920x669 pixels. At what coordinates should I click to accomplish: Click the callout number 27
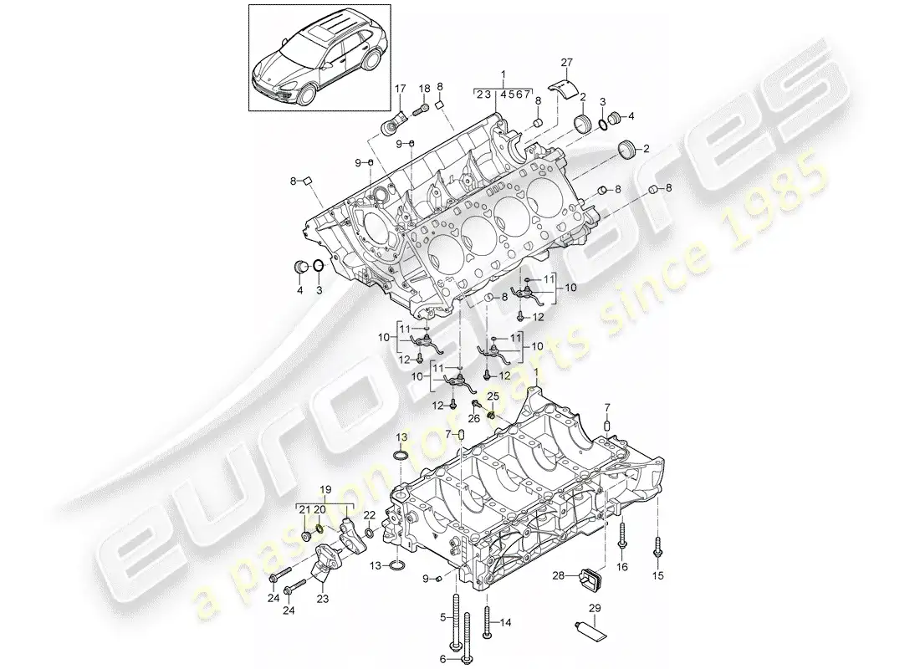point(566,62)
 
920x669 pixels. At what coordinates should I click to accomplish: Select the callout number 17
point(400,88)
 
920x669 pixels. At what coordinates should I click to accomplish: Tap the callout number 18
point(424,88)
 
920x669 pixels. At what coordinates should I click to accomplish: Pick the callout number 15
point(657,576)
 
